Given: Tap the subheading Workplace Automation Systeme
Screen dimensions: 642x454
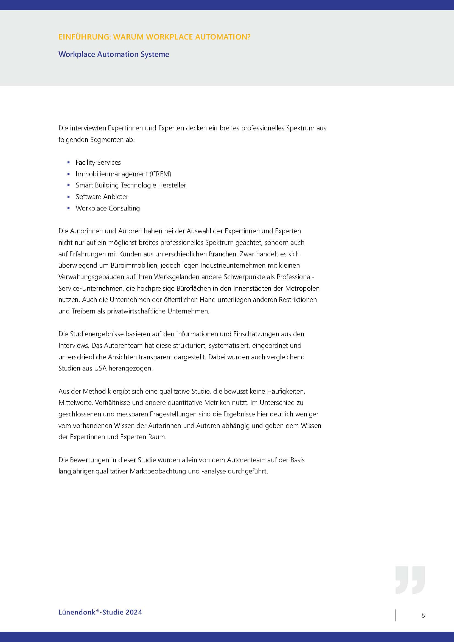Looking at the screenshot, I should pos(114,54).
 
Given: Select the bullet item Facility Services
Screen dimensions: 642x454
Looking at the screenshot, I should pos(98,162).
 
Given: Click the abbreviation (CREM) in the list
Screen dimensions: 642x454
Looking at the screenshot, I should pos(161,174).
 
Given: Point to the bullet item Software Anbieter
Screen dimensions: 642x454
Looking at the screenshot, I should pos(102,197).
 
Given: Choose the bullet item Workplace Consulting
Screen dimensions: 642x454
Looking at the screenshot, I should pos(108,208).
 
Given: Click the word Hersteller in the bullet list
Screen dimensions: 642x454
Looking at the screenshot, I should pos(172,185).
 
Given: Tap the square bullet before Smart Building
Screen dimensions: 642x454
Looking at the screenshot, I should pos(69,185).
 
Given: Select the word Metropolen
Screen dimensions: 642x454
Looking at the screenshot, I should pos(302,288).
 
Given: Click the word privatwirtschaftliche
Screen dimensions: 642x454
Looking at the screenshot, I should pos(136,311).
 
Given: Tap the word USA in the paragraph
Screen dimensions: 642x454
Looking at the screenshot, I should pos(100,368).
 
